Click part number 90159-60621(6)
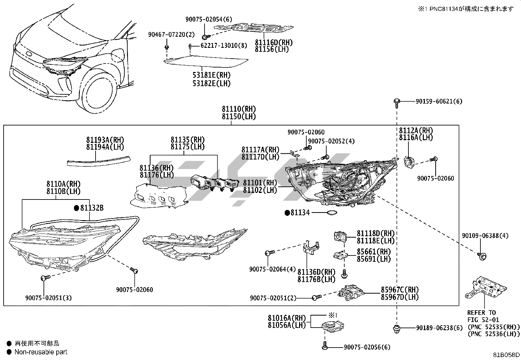coord(439,102)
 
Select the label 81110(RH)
coord(239,109)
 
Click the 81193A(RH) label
coord(105,140)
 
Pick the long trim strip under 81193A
coord(98,161)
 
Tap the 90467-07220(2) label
coord(171,34)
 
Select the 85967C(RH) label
coord(400,290)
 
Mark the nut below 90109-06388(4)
coord(481,256)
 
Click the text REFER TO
coord(481,313)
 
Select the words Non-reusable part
coord(41,352)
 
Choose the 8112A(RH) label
coord(416,130)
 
